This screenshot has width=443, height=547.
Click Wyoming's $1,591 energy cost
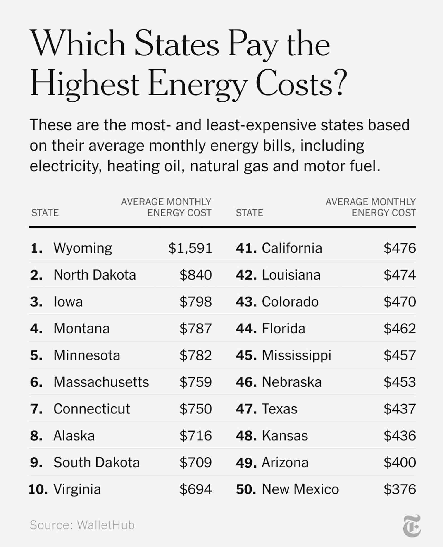tap(190, 248)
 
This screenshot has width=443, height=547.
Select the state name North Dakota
tap(95, 275)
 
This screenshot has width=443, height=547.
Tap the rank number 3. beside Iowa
tap(36, 302)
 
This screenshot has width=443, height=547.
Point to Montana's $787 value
tap(195, 329)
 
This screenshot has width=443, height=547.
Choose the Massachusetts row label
tap(101, 382)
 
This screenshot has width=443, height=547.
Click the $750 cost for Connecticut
tap(195, 409)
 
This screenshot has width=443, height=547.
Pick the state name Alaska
tap(74, 436)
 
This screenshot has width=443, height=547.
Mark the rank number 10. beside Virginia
tap(38, 489)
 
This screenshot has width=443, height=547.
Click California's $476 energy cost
tap(400, 248)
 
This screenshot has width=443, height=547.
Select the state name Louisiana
tap(291, 275)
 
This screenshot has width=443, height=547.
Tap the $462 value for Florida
tap(400, 329)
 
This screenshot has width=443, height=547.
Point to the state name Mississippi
tap(297, 355)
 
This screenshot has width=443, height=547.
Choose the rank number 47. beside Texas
tap(246, 409)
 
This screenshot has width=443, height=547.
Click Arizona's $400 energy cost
tap(400, 463)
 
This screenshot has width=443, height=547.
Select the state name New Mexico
tap(300, 489)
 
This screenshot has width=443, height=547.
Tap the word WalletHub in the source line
tap(106, 525)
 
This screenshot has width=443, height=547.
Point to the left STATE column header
tap(45, 213)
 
